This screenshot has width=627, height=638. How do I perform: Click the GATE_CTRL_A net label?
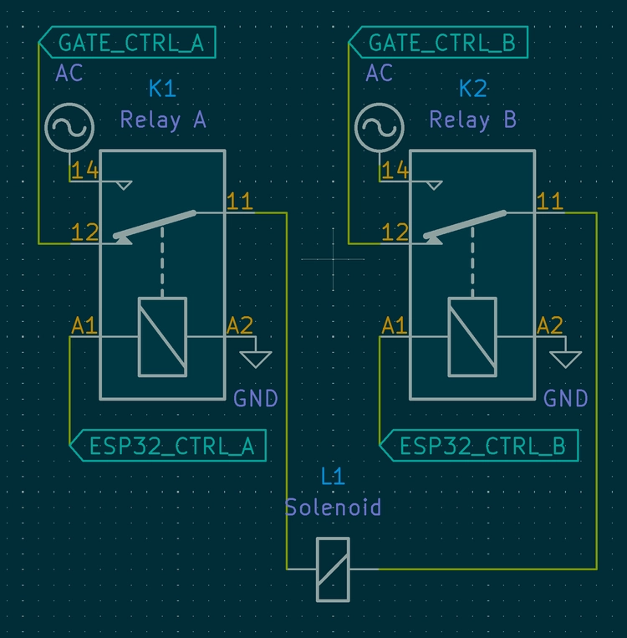click(x=130, y=43)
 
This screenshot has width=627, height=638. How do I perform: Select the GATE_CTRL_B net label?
click(x=441, y=43)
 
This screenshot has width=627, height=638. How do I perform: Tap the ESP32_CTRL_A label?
click(x=171, y=446)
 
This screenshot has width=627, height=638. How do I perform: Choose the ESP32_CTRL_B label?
click(x=481, y=446)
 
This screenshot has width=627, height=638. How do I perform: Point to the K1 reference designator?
click(x=162, y=89)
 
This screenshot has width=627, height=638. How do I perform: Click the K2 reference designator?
click(x=472, y=89)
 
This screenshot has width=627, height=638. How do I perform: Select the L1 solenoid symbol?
click(x=333, y=569)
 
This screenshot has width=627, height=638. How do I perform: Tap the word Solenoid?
click(x=333, y=507)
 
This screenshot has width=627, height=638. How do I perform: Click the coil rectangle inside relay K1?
click(x=163, y=337)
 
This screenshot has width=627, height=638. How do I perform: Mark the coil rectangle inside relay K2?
click(x=472, y=337)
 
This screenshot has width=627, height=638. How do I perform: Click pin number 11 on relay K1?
click(x=240, y=202)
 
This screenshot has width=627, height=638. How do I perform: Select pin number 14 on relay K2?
click(x=395, y=171)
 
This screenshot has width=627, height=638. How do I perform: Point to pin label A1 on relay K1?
click(x=84, y=325)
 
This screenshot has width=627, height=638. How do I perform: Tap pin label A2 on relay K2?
click(x=550, y=325)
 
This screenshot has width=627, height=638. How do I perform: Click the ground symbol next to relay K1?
click(x=256, y=359)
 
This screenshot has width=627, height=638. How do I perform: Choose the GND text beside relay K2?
click(x=566, y=398)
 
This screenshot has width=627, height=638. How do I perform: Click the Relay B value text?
click(x=472, y=120)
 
